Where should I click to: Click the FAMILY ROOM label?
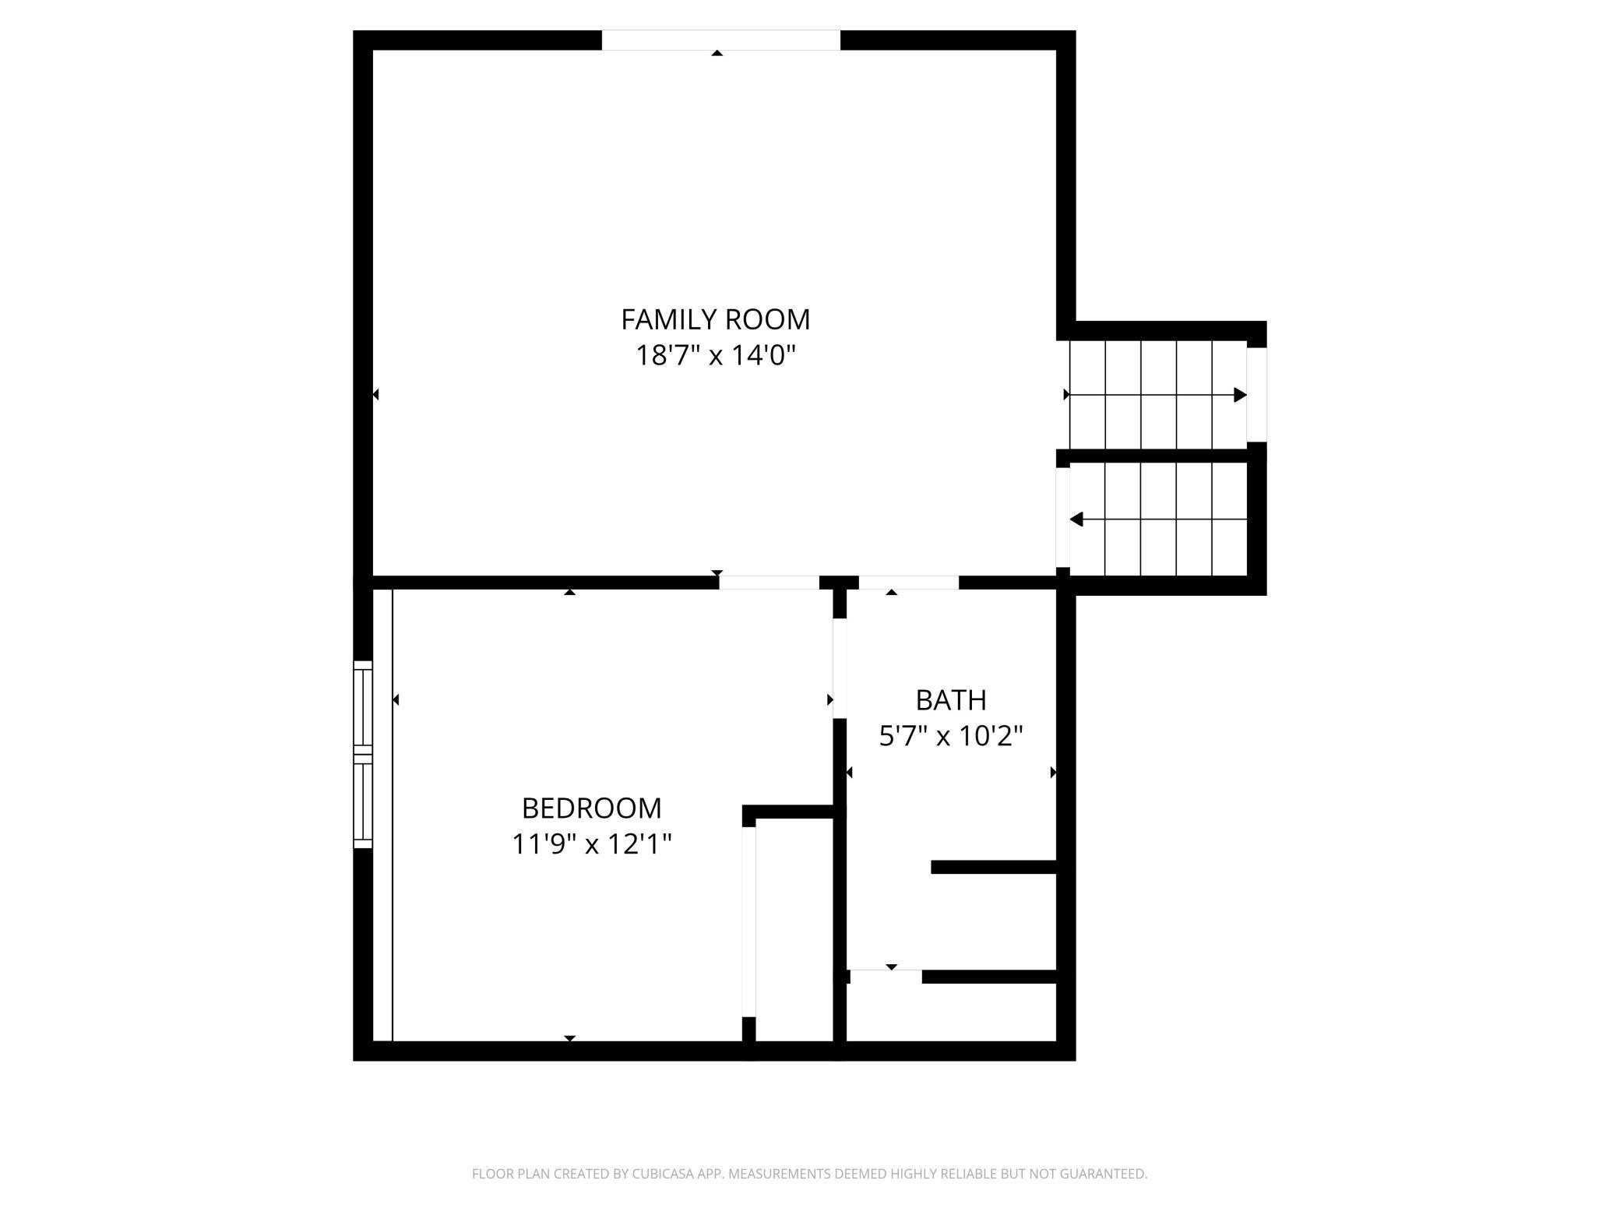tap(715, 319)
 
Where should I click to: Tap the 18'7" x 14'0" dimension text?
tap(715, 356)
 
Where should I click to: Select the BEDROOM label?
tap(591, 808)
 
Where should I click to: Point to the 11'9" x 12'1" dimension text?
tap(591, 844)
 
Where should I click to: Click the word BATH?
tap(951, 700)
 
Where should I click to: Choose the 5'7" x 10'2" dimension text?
tap(951, 736)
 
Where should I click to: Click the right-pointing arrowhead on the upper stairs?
tap(1240, 395)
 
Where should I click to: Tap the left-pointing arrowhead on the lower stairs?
tap(1076, 519)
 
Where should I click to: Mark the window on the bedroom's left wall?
tap(363, 754)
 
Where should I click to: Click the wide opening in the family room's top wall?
tap(720, 40)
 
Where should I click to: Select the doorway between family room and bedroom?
tap(769, 583)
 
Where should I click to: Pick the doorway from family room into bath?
tap(908, 583)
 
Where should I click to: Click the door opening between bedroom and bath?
tap(840, 668)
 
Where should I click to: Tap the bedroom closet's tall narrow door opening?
tap(748, 921)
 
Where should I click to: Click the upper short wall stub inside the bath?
tap(993, 867)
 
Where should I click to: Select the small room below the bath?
tap(950, 1012)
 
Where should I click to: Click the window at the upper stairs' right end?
tap(1256, 395)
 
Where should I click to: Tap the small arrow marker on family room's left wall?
tap(375, 395)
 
